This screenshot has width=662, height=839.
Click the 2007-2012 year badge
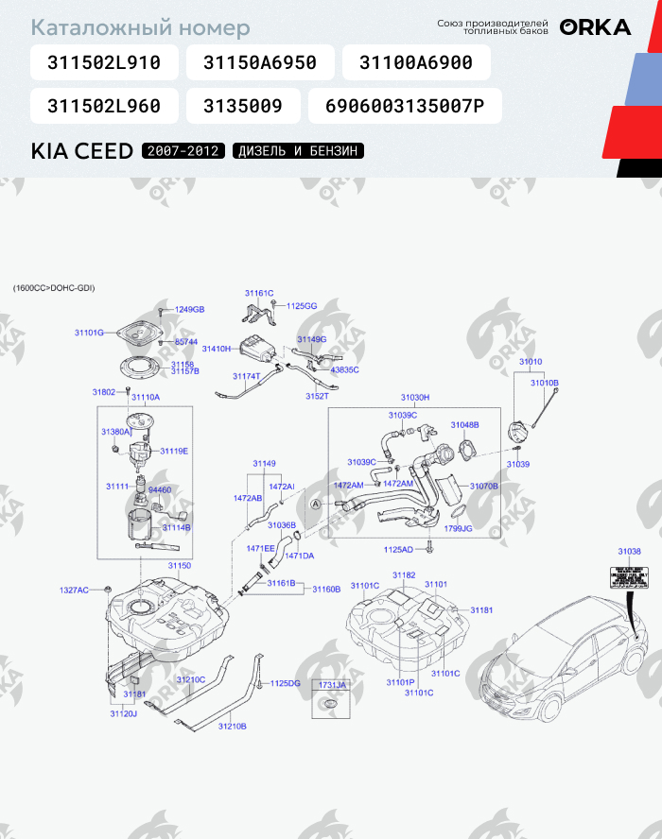coord(183,151)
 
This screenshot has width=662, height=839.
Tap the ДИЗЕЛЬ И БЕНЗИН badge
coord(298,151)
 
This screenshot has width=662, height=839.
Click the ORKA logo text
coord(595,27)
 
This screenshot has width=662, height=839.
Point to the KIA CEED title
coord(82,151)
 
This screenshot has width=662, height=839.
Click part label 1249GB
coord(190,309)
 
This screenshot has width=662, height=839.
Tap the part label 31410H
coord(217,349)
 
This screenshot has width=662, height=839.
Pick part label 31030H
coord(414,398)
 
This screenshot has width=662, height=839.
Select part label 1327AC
coord(74,590)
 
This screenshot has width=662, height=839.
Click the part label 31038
coord(629,551)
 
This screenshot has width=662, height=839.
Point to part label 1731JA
coord(332,684)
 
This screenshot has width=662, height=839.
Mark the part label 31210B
coord(232,726)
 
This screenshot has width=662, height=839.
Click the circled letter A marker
coord(317,505)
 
